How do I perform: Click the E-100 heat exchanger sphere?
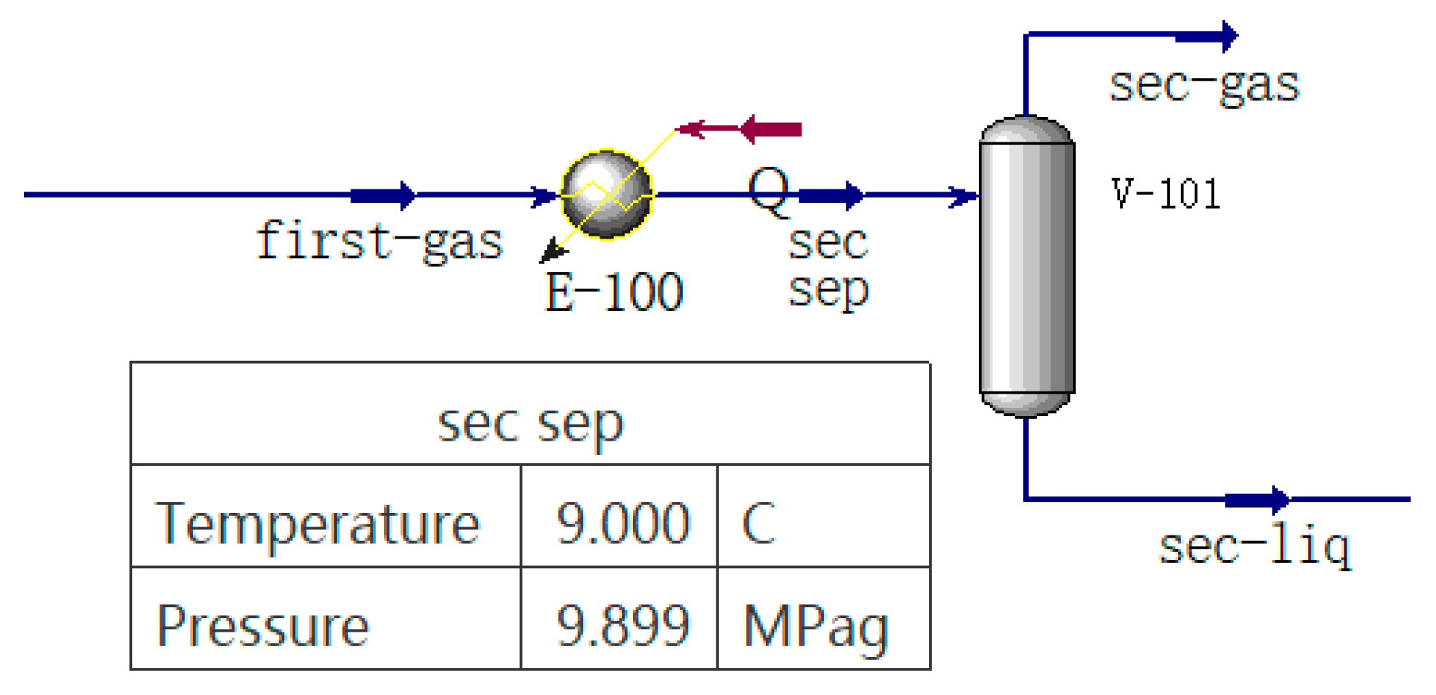[607, 195]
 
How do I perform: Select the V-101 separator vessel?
[1027, 266]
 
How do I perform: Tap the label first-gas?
[380, 242]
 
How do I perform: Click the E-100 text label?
[614, 292]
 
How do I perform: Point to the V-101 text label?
[1165, 194]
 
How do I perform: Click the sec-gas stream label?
[1204, 85]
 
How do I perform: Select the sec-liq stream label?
[1255, 547]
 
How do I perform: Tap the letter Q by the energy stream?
[768, 191]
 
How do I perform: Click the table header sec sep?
[530, 424]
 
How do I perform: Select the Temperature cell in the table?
[318, 523]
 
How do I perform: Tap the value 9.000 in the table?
[623, 523]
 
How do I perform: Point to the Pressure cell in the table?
[263, 626]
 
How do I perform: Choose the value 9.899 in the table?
[623, 626]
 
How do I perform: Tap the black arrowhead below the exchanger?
[552, 251]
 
